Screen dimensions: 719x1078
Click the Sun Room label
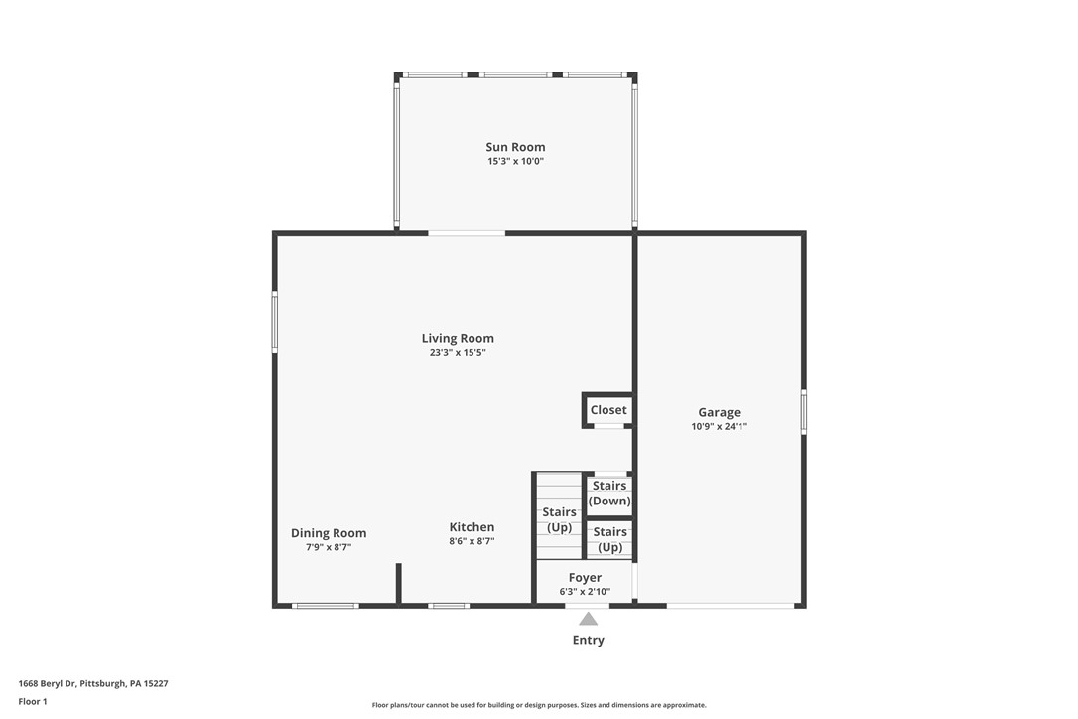click(x=515, y=147)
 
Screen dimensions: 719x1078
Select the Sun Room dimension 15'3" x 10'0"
click(x=515, y=161)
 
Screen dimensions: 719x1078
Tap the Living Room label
click(x=458, y=338)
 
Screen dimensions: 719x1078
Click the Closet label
click(x=608, y=410)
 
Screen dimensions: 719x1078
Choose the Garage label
click(x=719, y=412)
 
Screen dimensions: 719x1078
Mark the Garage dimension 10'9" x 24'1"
click(x=719, y=426)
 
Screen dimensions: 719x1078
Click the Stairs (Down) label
click(x=609, y=493)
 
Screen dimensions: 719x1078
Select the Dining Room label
click(x=329, y=533)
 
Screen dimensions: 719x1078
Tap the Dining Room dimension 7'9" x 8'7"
click(x=328, y=547)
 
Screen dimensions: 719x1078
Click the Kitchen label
click(x=472, y=527)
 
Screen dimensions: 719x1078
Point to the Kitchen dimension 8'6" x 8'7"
click(x=472, y=541)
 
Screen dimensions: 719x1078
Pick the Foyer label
click(x=585, y=577)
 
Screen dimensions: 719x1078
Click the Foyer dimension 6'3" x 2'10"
click(x=585, y=592)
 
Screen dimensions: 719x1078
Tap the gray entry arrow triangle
click(x=589, y=619)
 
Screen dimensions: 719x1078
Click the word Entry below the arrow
click(x=588, y=640)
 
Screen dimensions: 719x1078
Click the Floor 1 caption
click(x=33, y=701)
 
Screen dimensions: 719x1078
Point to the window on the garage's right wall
click(x=803, y=412)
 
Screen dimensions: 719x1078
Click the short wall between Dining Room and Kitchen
click(x=398, y=583)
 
